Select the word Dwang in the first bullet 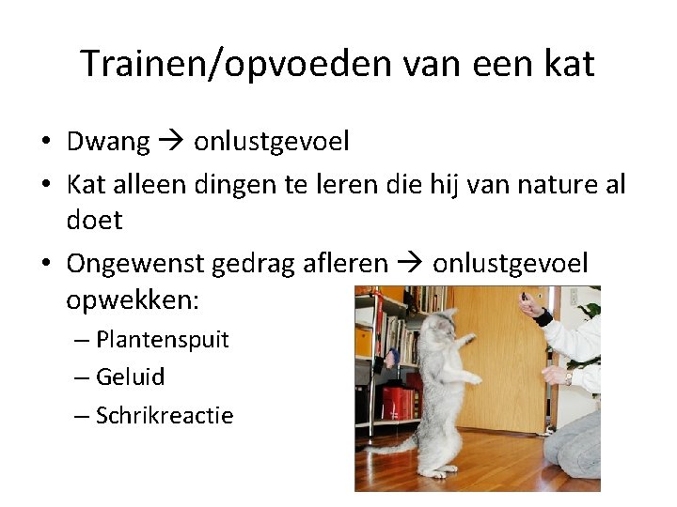tap(108, 142)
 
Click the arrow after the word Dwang tap(171, 142)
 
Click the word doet tap(94, 220)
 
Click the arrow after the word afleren tap(410, 263)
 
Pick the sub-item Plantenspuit tap(162, 339)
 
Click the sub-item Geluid tap(130, 376)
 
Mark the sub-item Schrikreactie tap(165, 415)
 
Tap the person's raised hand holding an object tap(530, 305)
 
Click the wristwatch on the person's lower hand tap(570, 376)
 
